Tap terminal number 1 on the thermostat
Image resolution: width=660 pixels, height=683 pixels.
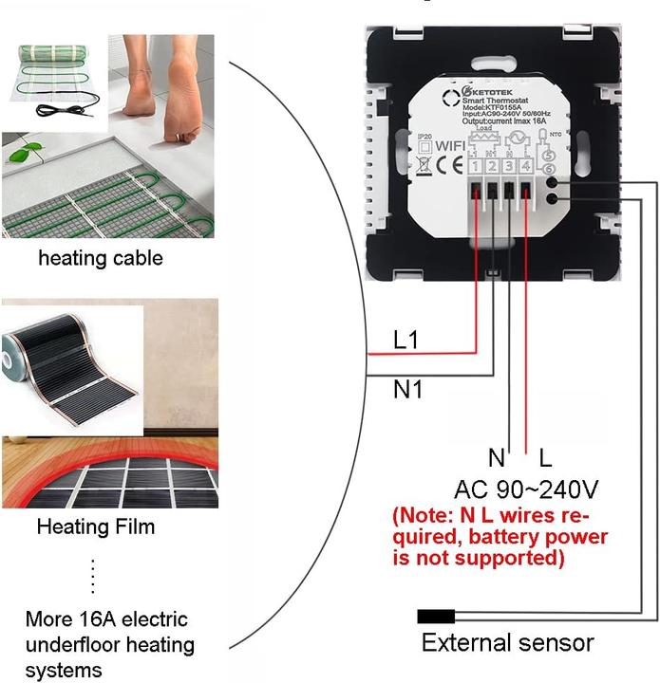click(x=474, y=167)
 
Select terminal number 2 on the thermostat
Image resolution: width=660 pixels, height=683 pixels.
click(x=491, y=167)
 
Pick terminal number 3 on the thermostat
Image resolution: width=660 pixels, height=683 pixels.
click(x=508, y=167)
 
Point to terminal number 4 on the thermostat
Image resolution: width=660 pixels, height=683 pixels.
click(x=525, y=167)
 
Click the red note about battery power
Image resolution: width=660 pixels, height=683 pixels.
click(x=500, y=538)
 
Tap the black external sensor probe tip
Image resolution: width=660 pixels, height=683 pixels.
click(x=436, y=617)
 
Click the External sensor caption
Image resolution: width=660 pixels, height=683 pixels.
click(x=507, y=643)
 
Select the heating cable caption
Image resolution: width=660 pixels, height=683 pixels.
click(x=100, y=258)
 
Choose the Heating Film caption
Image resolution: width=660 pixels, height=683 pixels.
click(x=95, y=526)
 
